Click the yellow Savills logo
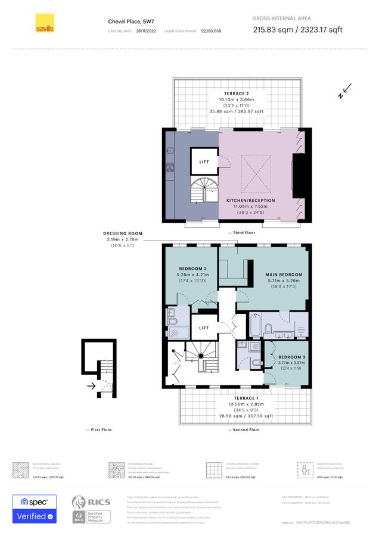click(45, 23)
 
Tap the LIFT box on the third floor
click(204, 162)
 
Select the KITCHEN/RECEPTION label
click(250, 201)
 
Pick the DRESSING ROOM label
click(122, 233)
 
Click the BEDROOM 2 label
click(193, 269)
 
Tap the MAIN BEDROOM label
click(284, 275)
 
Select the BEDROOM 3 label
click(291, 357)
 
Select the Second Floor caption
click(242, 430)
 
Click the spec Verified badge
click(35, 509)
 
